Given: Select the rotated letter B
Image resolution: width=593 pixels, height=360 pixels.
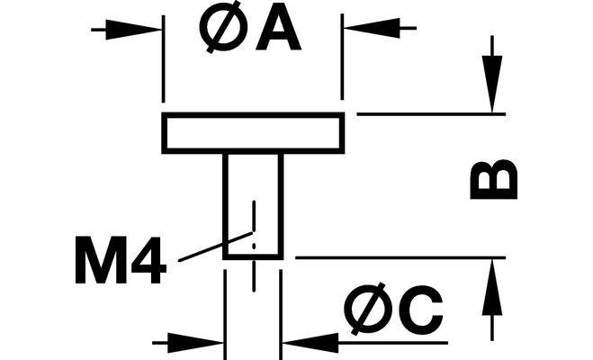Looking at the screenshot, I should [494, 179].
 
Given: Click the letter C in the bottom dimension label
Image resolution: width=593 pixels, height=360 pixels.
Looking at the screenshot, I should [420, 310].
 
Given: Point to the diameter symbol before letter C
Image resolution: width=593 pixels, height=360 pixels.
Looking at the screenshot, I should [365, 310].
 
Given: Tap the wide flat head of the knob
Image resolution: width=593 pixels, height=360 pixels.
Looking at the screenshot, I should [253, 132].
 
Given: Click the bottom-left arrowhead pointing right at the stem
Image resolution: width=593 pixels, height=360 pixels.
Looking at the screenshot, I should [202, 342].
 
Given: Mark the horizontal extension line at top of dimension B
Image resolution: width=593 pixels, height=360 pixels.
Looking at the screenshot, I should [423, 114].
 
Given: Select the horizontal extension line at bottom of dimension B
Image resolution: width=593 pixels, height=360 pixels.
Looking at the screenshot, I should [396, 258].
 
